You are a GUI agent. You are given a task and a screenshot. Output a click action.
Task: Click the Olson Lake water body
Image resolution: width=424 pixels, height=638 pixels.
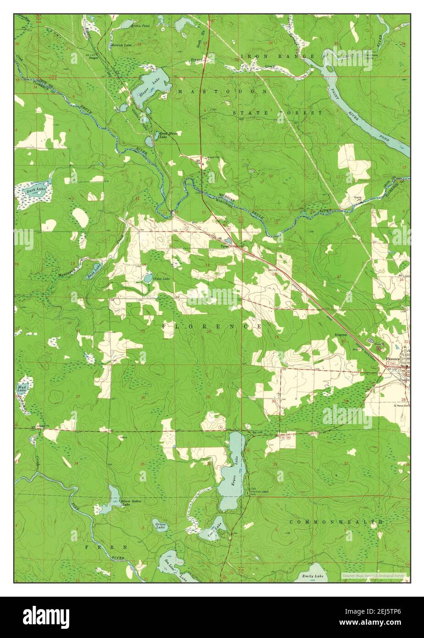pyautogui.click(x=148, y=278)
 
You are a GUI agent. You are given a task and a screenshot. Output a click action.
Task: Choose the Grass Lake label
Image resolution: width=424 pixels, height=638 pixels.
pyautogui.click(x=160, y=526)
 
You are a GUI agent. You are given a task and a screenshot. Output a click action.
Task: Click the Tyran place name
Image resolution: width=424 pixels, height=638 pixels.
pyautogui.click(x=225, y=246)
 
